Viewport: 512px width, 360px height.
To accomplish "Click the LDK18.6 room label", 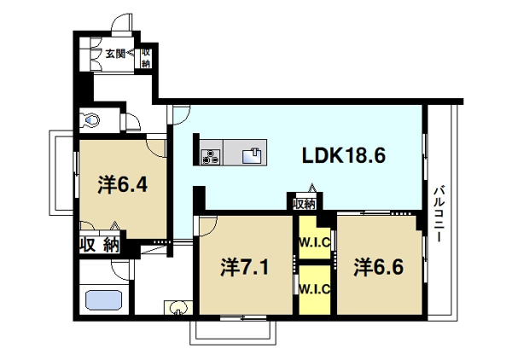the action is tap(344, 155).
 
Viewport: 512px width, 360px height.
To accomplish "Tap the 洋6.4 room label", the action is tap(123, 185).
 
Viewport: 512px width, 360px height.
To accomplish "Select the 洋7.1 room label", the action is tap(245, 267).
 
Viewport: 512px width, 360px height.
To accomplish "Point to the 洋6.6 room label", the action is tap(379, 267).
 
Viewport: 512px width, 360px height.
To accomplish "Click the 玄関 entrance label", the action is tap(115, 53).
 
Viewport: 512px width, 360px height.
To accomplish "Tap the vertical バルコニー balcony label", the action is tap(439, 214).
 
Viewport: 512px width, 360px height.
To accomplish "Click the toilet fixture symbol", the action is tap(90, 120).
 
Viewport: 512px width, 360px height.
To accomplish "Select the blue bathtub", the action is tap(104, 300).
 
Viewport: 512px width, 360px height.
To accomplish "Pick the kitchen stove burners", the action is tap(211, 155).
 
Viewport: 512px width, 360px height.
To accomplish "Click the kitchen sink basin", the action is tap(252, 155).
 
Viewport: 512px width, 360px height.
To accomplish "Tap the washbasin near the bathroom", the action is tap(178, 308).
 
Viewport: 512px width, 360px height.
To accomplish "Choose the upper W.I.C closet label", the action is tap(315, 242).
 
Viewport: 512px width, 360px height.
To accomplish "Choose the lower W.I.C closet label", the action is tap(315, 289).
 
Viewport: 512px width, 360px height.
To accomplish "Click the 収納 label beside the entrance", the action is tap(146, 58).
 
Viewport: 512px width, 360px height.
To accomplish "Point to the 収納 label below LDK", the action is tap(305, 204).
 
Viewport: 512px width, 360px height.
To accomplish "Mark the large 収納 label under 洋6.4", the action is tap(100, 245).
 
